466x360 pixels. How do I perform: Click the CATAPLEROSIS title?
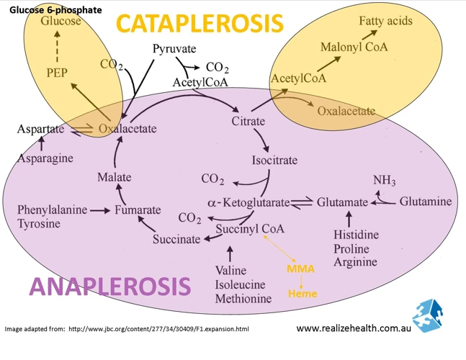click(x=200, y=24)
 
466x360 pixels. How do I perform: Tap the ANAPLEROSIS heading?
click(x=110, y=286)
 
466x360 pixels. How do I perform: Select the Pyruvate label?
click(x=174, y=49)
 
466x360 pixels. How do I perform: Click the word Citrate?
click(x=248, y=121)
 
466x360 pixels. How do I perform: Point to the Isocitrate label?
click(x=274, y=160)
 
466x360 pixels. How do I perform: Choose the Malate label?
click(x=115, y=177)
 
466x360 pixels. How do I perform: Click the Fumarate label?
click(x=138, y=210)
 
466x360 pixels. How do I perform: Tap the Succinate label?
click(x=176, y=239)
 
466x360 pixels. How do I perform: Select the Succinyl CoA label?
click(x=250, y=229)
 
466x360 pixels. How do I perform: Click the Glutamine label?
click(x=426, y=202)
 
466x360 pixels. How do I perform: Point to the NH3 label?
click(x=385, y=180)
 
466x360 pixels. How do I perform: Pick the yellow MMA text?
click(x=300, y=269)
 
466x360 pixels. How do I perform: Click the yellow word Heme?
click(x=303, y=294)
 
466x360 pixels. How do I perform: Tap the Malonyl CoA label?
click(x=354, y=47)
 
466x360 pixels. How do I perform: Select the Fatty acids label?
click(x=386, y=21)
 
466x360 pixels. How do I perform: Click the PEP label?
click(x=57, y=73)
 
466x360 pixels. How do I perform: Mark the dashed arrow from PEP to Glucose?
click(x=57, y=47)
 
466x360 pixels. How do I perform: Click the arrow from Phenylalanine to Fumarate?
click(x=100, y=210)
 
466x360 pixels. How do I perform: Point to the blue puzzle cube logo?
click(x=427, y=315)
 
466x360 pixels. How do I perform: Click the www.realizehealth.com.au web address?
click(x=354, y=328)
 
